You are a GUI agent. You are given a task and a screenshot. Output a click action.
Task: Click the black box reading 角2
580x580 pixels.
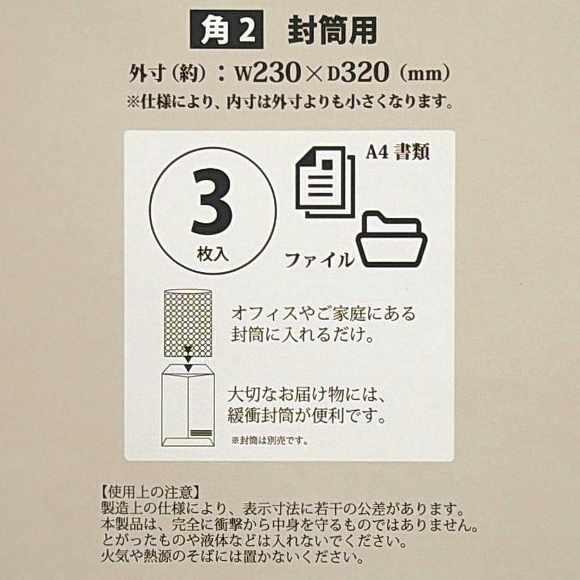(x=227, y=30)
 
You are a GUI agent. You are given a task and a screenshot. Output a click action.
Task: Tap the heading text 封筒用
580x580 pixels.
(x=332, y=31)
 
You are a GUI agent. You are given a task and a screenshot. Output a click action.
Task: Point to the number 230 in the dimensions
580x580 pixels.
(x=277, y=72)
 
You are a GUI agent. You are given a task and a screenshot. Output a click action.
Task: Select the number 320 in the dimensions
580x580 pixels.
(x=364, y=72)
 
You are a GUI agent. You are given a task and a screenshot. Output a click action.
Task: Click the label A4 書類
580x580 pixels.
(x=398, y=151)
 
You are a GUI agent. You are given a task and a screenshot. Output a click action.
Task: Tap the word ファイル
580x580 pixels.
(x=320, y=260)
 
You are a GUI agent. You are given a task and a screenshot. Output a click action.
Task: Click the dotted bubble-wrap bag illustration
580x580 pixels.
(x=188, y=323)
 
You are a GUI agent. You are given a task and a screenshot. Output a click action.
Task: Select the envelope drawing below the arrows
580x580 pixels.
(x=188, y=405)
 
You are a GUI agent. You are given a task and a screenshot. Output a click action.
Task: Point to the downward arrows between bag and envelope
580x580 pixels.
(x=188, y=358)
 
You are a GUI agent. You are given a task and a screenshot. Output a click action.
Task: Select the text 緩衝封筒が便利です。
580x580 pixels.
(x=307, y=416)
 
